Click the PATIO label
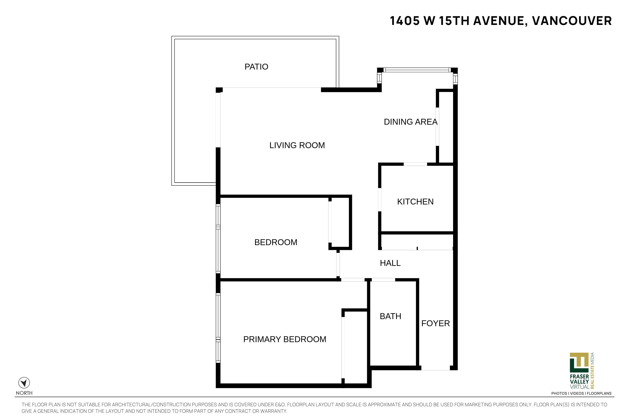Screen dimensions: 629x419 (x=256, y=67)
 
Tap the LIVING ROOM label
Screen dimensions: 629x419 (x=297, y=145)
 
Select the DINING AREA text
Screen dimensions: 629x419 (x=411, y=122)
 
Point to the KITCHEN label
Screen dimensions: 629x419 (x=415, y=202)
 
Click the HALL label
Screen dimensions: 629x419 (x=390, y=263)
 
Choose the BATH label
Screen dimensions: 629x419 (x=390, y=316)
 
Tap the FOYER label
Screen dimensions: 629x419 (x=435, y=323)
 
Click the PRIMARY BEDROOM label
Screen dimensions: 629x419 (x=285, y=339)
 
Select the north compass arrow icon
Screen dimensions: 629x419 (x=24, y=383)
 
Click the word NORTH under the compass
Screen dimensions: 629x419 (x=24, y=393)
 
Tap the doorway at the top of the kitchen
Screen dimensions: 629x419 (x=415, y=164)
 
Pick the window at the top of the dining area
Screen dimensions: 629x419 (x=417, y=70)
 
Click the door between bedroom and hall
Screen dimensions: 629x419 (x=338, y=265)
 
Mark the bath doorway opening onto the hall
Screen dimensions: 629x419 (x=383, y=280)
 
